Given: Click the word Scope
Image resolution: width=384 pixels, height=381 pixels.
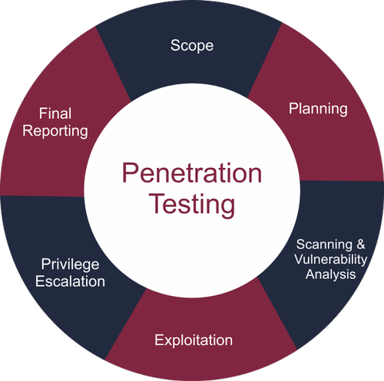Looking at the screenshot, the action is pos(192,46).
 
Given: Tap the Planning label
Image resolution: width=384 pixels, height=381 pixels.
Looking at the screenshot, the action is pos(318,109).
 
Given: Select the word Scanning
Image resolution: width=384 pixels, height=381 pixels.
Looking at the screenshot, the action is pos(324,245).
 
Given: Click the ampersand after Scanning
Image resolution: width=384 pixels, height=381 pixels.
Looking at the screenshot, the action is pos(361,245).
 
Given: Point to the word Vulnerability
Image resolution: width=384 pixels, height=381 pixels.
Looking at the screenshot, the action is pos(331,260).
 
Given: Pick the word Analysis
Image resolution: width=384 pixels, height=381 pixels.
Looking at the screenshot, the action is pos(330,274).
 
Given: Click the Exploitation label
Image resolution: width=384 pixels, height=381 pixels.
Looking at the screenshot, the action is pos(194,340).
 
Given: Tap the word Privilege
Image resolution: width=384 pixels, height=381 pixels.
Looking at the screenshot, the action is pos(70,264).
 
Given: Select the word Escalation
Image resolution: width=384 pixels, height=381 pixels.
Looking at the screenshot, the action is pos(70,281).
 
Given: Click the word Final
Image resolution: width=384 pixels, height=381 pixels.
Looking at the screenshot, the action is pos(55,113).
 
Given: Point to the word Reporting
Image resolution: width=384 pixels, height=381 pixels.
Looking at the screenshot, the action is pos(55,131).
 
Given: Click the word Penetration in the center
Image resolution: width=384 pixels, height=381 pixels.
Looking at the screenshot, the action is pos(192,173).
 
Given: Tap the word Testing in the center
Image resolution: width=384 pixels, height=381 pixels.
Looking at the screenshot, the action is pos(192,205).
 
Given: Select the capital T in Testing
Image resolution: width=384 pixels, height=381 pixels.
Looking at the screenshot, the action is pos(157,203).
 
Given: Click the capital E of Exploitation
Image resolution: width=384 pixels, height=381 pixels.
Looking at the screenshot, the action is pos(159,340).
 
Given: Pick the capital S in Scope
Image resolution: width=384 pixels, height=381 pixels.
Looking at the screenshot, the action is pos(175,45).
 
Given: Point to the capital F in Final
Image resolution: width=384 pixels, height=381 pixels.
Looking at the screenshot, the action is pos(43,113).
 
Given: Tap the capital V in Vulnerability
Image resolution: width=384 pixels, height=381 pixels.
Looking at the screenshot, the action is pos(300,259).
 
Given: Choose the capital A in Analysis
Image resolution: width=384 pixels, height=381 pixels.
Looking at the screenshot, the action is pos(311,274).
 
